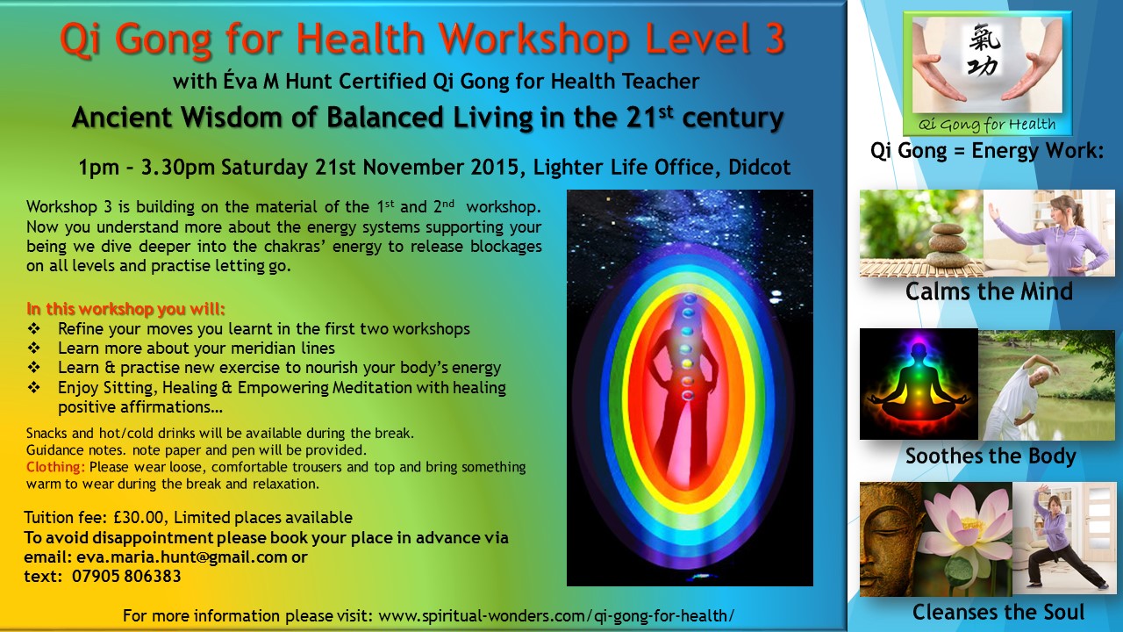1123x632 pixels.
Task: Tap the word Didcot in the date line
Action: click(760, 167)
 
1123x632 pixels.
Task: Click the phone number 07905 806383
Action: click(126, 577)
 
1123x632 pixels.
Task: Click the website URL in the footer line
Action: click(556, 615)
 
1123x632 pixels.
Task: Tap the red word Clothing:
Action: click(55, 467)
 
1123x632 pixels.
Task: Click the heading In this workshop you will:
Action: click(125, 309)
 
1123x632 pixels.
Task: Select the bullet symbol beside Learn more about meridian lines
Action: click(33, 348)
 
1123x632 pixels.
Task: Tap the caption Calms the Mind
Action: click(989, 291)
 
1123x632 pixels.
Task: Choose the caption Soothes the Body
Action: click(991, 456)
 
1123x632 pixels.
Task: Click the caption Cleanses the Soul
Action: click(998, 612)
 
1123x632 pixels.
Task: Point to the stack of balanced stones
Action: click(946, 246)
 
